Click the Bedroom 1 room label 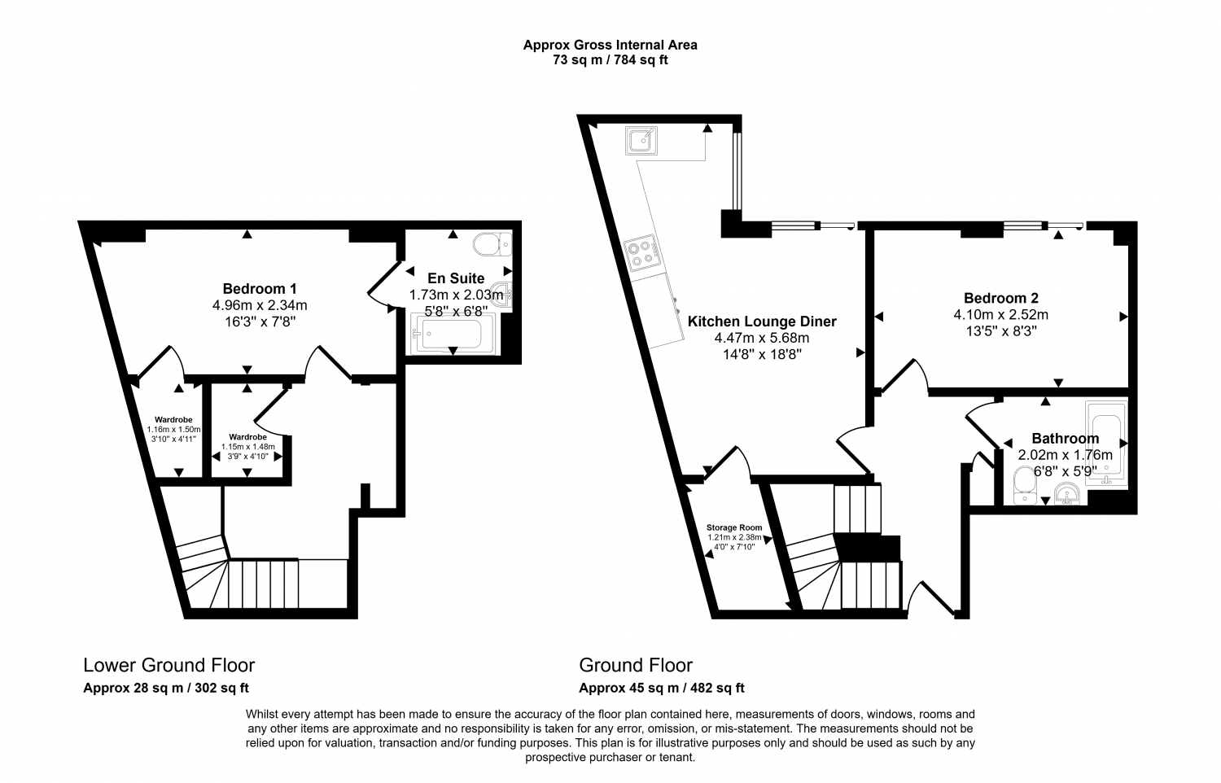(x=259, y=288)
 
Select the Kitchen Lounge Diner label (x=762, y=322)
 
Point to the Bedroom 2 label (x=1000, y=298)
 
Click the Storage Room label (x=734, y=527)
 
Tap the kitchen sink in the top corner (x=641, y=142)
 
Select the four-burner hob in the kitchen (x=641, y=252)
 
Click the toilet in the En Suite (x=491, y=243)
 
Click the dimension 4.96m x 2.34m (x=259, y=305)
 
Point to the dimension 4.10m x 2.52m (x=1000, y=314)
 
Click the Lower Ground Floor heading (x=169, y=665)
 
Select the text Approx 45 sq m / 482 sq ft (x=661, y=688)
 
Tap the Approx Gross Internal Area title (x=610, y=45)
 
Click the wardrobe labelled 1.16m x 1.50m (x=173, y=430)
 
